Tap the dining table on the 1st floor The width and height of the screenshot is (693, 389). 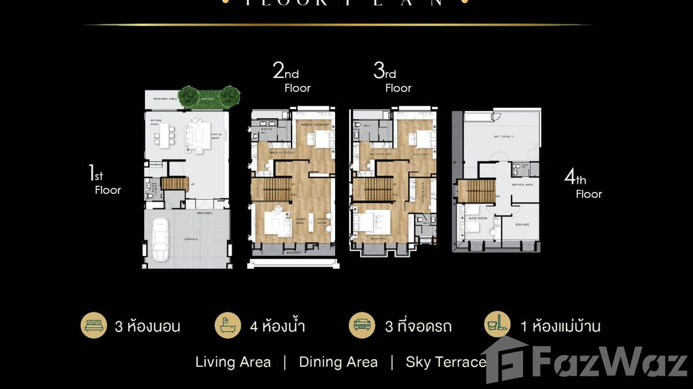pos(164,134)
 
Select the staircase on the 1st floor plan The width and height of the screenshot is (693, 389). pos(175,184)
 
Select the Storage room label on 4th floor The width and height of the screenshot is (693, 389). pos(522,224)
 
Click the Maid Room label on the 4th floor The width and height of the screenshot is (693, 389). pos(477,219)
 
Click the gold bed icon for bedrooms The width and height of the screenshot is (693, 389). pos(93,326)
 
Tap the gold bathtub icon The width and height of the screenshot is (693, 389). pos(228,326)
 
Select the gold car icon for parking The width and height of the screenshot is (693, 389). pos(361,326)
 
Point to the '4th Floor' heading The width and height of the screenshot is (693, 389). pos(583,185)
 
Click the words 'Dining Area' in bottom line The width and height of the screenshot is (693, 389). pos(338,362)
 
